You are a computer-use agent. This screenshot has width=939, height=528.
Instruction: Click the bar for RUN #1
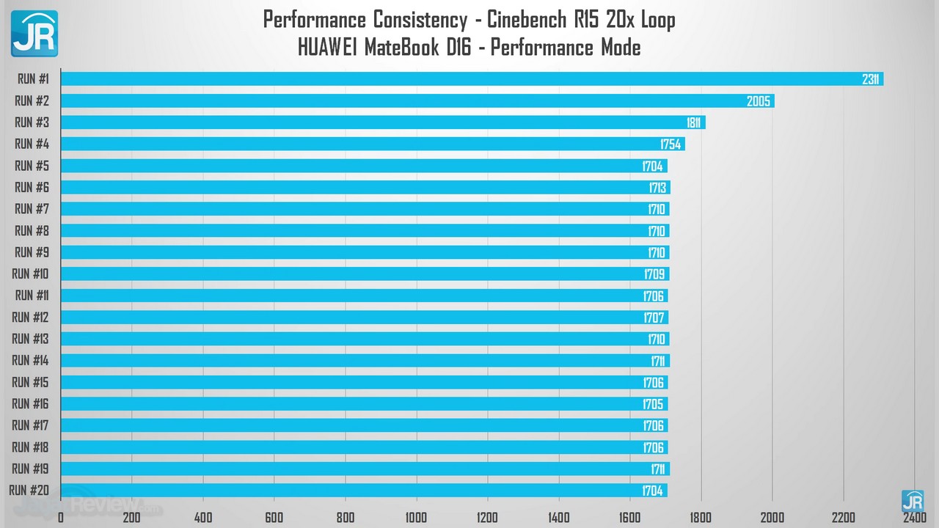pos(469,79)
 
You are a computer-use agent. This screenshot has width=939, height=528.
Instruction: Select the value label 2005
pos(759,101)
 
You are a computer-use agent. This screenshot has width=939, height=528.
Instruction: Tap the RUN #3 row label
pos(32,122)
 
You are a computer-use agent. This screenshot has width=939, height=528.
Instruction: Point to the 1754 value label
pos(670,144)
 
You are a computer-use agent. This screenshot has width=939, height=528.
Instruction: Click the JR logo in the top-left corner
pos(34,34)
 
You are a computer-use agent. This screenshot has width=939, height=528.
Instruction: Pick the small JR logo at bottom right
pos(912,501)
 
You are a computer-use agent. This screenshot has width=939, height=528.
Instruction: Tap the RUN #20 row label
pos(29,490)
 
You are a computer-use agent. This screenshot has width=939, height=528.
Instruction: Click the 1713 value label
pos(657,188)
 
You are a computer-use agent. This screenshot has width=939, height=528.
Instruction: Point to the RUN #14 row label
pos(30,360)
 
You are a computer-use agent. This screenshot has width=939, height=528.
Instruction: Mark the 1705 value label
pos(653,404)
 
